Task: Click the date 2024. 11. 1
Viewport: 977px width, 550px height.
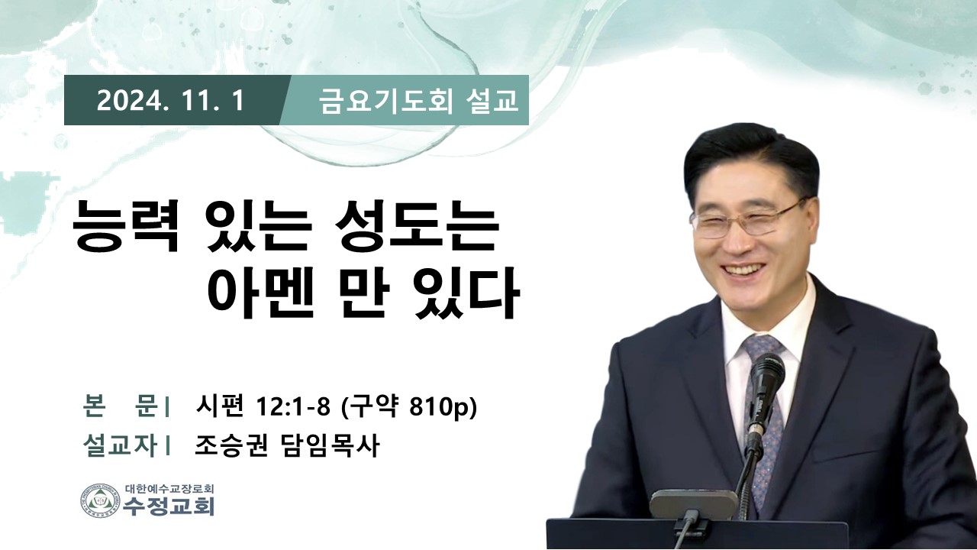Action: (169, 102)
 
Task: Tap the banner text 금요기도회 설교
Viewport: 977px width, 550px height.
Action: (418, 102)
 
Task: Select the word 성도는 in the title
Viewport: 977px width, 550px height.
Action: (417, 227)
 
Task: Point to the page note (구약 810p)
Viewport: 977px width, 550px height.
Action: (408, 408)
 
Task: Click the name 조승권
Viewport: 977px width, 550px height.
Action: (231, 446)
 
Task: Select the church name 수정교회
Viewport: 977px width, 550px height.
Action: (169, 506)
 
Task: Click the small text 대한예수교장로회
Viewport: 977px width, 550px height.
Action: (169, 488)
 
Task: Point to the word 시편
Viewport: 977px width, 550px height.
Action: (219, 408)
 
